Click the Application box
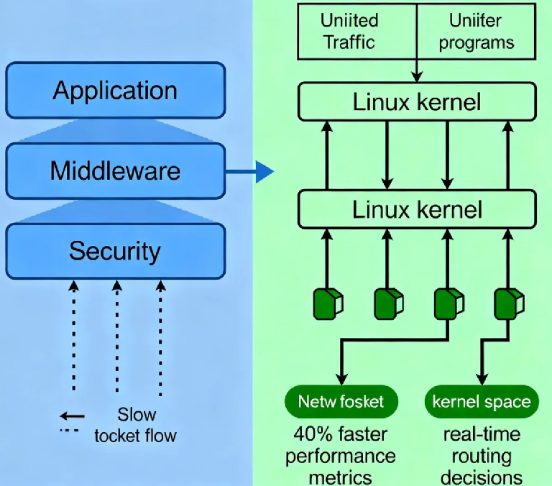(x=115, y=91)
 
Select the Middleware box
(x=115, y=171)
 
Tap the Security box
(x=115, y=251)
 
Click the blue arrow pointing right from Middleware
(x=249, y=172)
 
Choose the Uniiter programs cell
(x=476, y=31)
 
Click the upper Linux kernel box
(x=417, y=101)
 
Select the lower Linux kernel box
(x=417, y=209)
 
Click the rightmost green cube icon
(x=507, y=304)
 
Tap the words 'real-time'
(x=482, y=434)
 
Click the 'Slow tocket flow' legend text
(x=135, y=426)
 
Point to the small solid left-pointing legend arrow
(x=72, y=416)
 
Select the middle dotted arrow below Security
(x=116, y=338)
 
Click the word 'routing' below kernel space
(x=482, y=456)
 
